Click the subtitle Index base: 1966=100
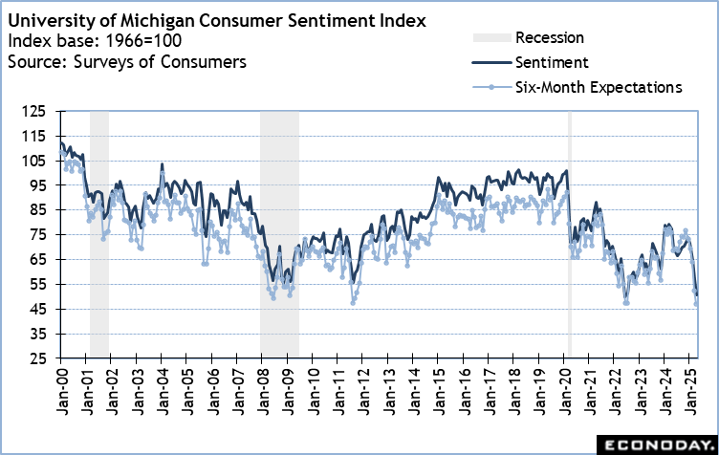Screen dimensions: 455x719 tap(94, 40)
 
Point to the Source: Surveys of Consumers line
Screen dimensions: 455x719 tap(126, 62)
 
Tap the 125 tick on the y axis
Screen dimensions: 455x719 tap(43, 111)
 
